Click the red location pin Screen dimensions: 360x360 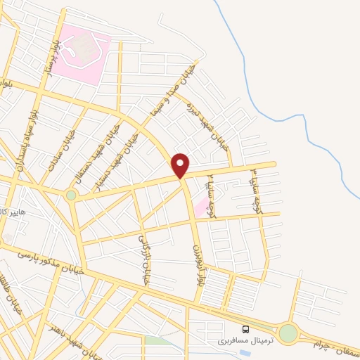[181, 165]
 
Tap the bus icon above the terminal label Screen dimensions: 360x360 [245, 329]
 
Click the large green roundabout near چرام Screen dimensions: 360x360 [288, 333]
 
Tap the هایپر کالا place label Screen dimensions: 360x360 [13, 211]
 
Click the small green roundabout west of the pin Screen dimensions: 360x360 [71, 195]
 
